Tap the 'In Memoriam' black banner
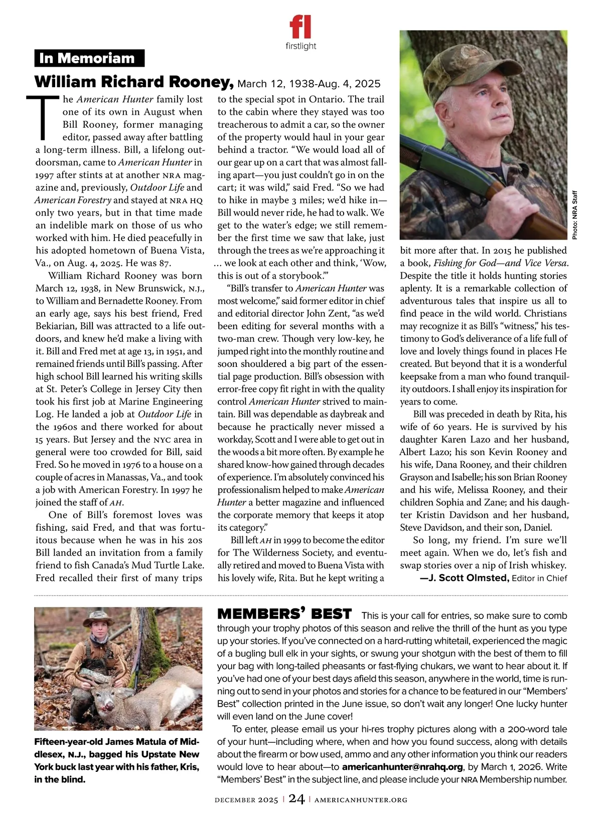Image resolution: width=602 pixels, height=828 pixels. pos(89,58)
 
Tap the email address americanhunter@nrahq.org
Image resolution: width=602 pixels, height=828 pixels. pos(402,767)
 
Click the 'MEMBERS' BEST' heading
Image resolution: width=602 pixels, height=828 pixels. pos(284,614)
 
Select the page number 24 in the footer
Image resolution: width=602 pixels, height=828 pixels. pos(296,800)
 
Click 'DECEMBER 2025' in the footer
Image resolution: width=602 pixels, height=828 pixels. pos(246,800)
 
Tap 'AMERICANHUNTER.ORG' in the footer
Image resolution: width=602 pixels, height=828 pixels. pos(357,800)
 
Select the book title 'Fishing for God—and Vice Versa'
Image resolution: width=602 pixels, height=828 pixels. pos(500,263)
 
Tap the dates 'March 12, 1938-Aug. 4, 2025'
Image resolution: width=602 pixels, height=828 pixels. pos(309,83)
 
